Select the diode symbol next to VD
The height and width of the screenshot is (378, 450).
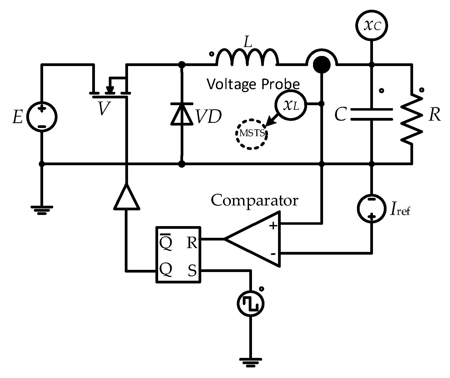(x=182, y=114)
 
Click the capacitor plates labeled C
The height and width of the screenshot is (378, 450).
(x=372, y=114)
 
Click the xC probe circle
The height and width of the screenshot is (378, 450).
(x=372, y=25)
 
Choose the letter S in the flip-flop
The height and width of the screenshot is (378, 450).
(x=192, y=271)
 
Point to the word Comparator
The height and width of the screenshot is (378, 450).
(x=254, y=201)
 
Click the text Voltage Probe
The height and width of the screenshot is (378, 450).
(x=253, y=84)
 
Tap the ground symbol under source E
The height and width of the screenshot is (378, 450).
(x=42, y=210)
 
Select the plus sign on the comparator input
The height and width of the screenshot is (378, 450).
(x=273, y=226)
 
